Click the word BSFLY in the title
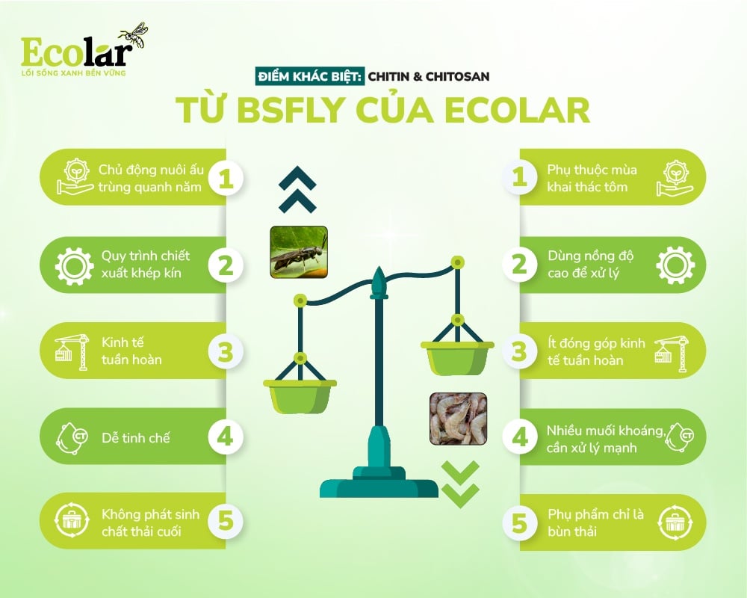[x=300, y=109]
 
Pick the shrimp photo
[x=458, y=419]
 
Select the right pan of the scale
[x=457, y=357]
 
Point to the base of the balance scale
[x=379, y=484]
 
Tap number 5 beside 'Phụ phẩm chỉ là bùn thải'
[x=520, y=522]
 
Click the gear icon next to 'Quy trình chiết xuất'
[x=75, y=265]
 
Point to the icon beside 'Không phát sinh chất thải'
[x=73, y=522]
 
